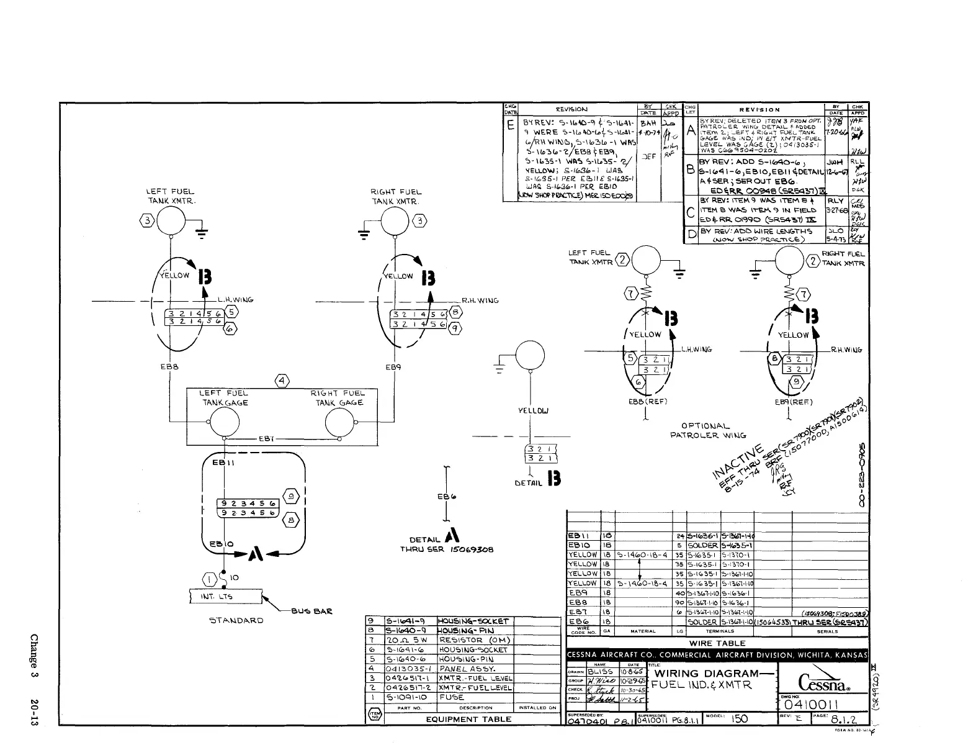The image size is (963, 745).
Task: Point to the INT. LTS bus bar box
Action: pos(224,597)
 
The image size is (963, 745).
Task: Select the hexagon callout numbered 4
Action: pos(282,380)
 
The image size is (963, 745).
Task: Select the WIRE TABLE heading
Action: pos(717,643)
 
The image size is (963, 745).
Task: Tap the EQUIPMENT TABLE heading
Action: pos(468,719)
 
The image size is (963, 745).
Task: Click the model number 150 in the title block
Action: pos(740,718)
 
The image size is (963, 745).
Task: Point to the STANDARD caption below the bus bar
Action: pos(236,620)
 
